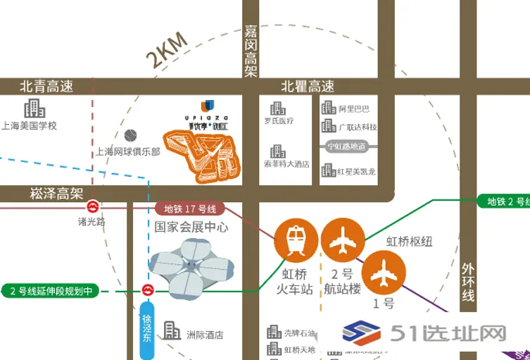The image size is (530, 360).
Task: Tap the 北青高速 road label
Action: click(46, 87)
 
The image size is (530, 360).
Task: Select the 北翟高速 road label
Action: click(308, 87)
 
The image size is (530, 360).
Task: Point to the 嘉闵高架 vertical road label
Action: click(251, 51)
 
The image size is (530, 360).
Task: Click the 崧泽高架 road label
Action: click(57, 192)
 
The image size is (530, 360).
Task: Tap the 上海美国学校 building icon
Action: click(33, 109)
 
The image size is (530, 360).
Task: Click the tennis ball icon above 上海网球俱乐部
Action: click(130, 134)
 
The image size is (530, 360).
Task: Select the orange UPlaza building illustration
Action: click(203, 151)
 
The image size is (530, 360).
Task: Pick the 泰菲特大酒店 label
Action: click(287, 163)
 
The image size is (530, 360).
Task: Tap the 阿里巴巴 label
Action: click(354, 109)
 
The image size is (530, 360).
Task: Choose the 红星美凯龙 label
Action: click(358, 172)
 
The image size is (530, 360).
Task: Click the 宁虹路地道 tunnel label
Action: click(347, 148)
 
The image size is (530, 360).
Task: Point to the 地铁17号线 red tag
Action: click(189, 209)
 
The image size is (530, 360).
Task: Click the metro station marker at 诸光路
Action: click(92, 208)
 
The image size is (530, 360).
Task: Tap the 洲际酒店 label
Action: click(204, 335)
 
